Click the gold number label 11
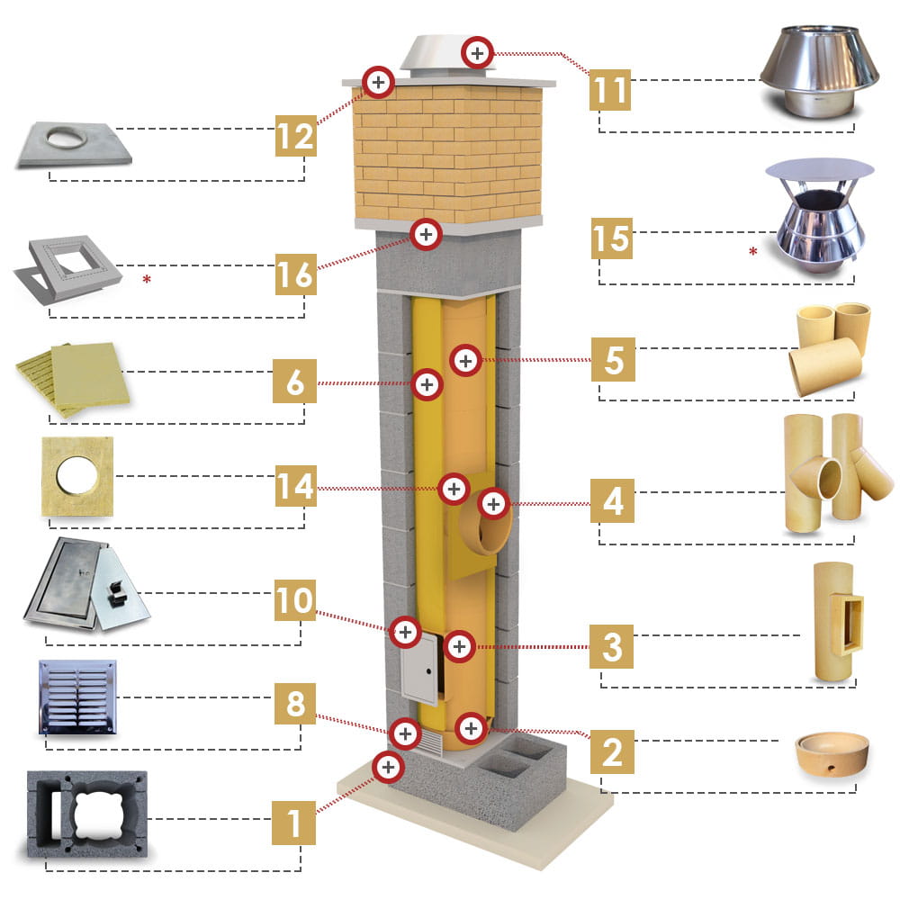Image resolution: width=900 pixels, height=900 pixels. click(611, 90)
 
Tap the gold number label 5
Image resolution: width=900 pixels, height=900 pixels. click(613, 360)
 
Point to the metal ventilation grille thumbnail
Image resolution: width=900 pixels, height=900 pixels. click(77, 697)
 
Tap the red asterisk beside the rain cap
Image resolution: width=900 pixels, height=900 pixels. click(752, 251)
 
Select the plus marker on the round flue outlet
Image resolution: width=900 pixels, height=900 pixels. click(493, 503)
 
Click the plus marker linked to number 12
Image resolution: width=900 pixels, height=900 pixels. click(379, 82)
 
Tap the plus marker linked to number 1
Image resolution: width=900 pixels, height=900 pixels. click(388, 767)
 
